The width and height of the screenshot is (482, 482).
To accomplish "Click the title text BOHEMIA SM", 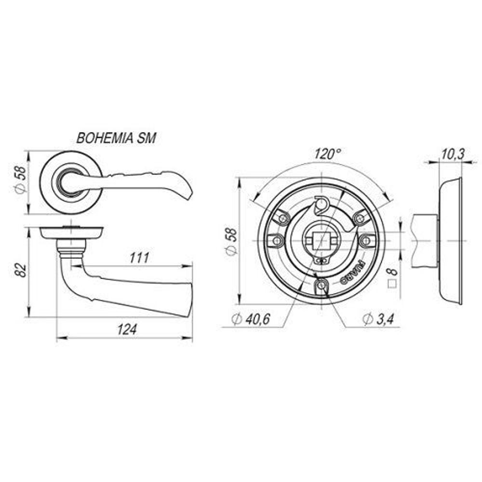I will point(116,139).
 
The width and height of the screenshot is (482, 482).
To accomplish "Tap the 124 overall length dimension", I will point(127,330).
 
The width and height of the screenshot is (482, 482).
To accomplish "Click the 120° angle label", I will point(327,154).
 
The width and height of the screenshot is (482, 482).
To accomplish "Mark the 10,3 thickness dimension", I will point(452,154).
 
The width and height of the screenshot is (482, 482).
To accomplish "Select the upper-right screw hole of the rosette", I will point(359,218).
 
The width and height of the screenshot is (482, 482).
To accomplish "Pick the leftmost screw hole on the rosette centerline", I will point(277,240).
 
